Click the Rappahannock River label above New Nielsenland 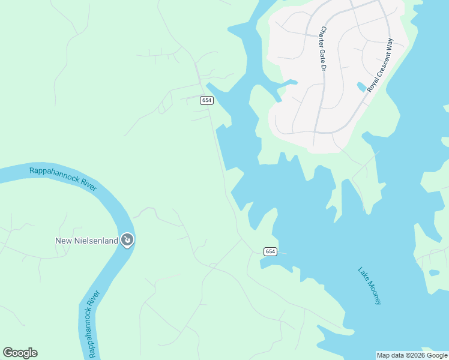[x=63, y=179]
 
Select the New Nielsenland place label [x=86, y=241]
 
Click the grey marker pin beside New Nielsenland [x=127, y=241]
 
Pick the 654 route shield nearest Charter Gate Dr [x=206, y=100]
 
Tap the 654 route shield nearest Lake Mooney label [x=269, y=251]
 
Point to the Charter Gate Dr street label [x=322, y=49]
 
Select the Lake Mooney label [x=369, y=286]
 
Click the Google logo [x=20, y=353]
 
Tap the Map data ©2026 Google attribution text [x=412, y=355]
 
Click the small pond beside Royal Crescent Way [x=361, y=87]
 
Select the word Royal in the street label [x=371, y=84]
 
